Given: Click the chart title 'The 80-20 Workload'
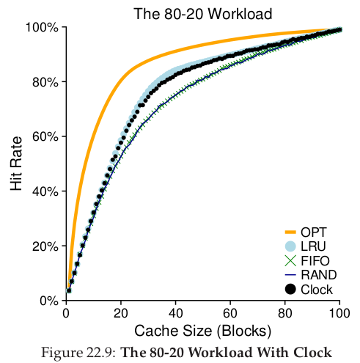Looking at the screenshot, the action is pyautogui.click(x=202, y=14).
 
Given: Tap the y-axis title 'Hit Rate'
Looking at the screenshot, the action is pyautogui.click(x=16, y=164).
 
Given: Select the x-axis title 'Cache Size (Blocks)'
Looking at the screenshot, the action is pyautogui.click(x=202, y=331).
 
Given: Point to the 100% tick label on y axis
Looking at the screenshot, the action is pyautogui.click(x=42, y=27).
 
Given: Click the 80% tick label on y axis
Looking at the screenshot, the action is pyautogui.click(x=45, y=82).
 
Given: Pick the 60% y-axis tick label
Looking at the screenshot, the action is pyautogui.click(x=45, y=136).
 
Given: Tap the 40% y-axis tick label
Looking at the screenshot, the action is pyautogui.click(x=45, y=191).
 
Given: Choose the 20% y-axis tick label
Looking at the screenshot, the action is pyautogui.click(x=45, y=246).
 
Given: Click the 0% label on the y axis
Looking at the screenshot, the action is pyautogui.click(x=49, y=301).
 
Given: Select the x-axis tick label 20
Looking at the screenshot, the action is pyautogui.click(x=121, y=313).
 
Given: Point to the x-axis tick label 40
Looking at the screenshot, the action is pyautogui.click(x=175, y=313).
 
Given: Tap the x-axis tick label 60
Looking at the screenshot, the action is pyautogui.click(x=230, y=313).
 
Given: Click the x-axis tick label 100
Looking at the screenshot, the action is pyautogui.click(x=339, y=313).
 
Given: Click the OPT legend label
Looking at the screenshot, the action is pyautogui.click(x=314, y=232).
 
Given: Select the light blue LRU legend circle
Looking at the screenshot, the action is pyautogui.click(x=290, y=246).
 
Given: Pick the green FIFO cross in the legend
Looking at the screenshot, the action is pyautogui.click(x=290, y=260).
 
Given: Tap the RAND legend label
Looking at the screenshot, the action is pyautogui.click(x=319, y=275).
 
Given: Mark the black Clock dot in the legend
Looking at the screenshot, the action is pyautogui.click(x=290, y=290).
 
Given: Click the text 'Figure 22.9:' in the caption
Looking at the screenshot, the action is pyautogui.click(x=79, y=353).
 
